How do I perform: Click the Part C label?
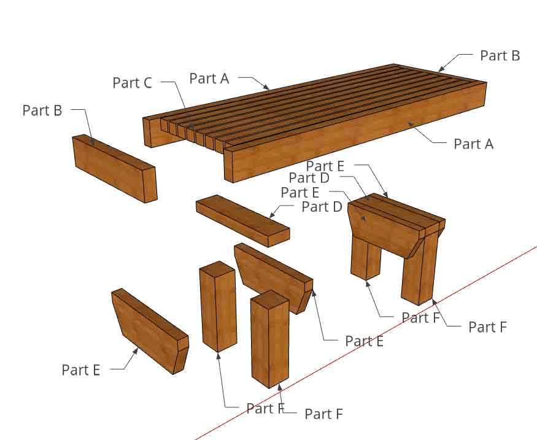click(x=132, y=83)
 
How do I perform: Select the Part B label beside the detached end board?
click(x=42, y=110)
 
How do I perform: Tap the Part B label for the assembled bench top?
click(x=500, y=55)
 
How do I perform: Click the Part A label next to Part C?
click(x=209, y=78)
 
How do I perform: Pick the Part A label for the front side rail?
click(x=473, y=144)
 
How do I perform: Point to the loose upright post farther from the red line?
click(x=218, y=307)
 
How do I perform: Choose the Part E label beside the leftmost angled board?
click(x=80, y=370)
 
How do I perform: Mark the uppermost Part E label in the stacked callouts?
click(x=325, y=166)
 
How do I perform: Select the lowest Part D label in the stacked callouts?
click(x=322, y=207)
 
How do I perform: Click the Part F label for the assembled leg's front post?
click(x=487, y=326)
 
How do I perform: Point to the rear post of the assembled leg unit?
click(x=365, y=258)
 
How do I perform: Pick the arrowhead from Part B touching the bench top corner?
click(x=440, y=69)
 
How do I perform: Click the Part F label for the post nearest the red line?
click(x=323, y=414)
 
